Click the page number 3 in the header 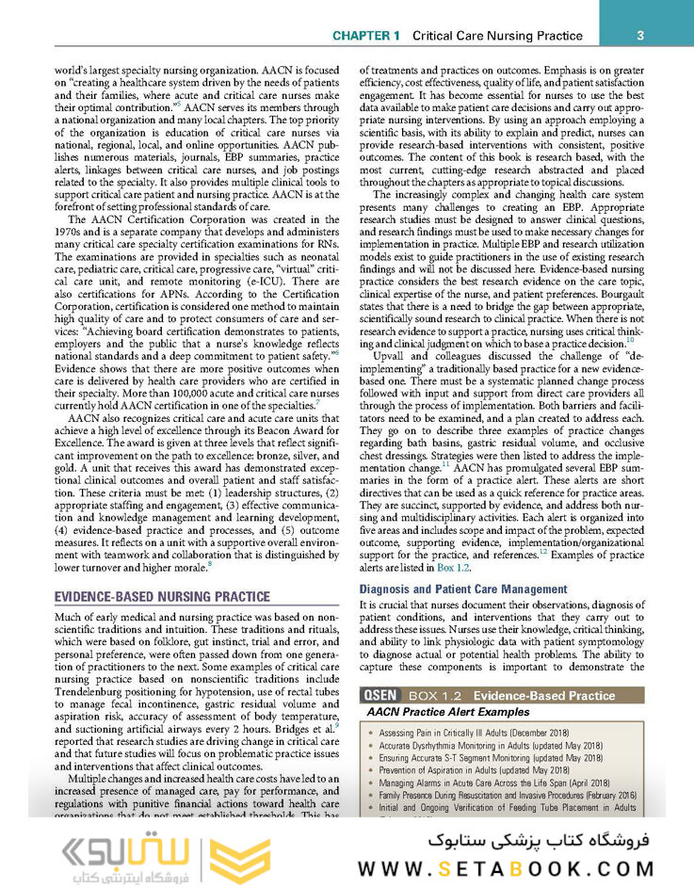tap(639, 36)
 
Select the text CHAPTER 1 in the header tap(366, 36)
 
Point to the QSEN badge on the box tap(385, 696)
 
